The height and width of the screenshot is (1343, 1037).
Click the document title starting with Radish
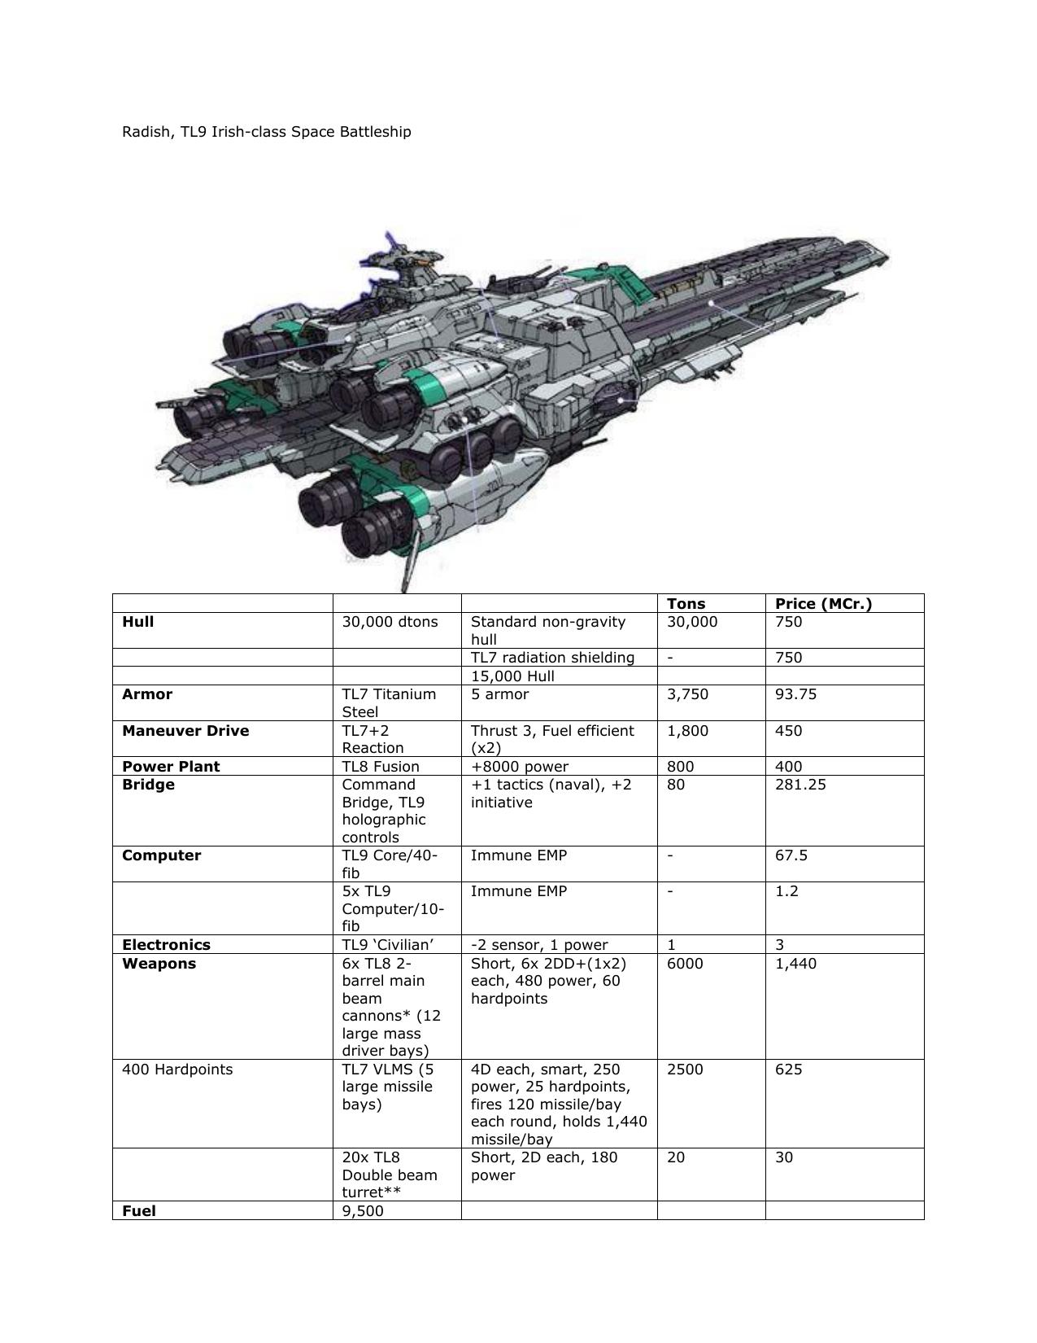coord(266,132)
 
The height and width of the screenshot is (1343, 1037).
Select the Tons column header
coord(686,603)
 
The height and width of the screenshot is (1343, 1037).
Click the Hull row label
coord(137,622)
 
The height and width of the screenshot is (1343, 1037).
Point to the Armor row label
coord(147,694)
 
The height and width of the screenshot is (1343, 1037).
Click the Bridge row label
coord(148,785)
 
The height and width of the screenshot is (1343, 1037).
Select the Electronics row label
coord(166,944)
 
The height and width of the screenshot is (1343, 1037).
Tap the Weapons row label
coord(159,964)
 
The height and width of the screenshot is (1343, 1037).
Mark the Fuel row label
coord(139,1210)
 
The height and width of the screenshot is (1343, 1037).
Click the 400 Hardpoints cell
coord(177,1070)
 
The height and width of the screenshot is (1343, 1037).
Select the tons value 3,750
coord(687,694)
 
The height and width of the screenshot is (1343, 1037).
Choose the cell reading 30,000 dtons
coord(390,622)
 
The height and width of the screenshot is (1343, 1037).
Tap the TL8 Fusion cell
coord(381,766)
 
